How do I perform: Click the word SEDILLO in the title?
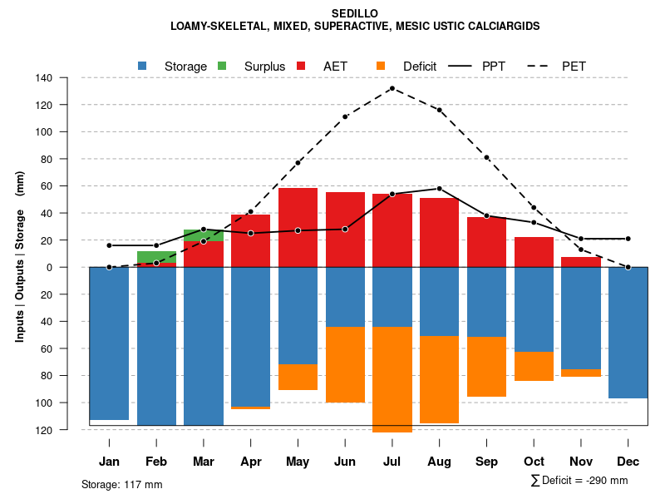tap(355, 14)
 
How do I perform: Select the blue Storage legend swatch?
tap(143, 66)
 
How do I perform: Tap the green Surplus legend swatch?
tap(222, 66)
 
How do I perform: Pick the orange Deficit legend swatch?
tap(381, 66)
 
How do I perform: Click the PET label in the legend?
tap(574, 66)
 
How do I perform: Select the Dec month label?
tap(628, 462)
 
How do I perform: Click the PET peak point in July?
tap(392, 88)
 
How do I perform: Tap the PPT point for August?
tap(439, 189)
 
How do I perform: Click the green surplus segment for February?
tap(156, 257)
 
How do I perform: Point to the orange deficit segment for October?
tap(534, 366)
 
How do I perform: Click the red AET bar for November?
tap(581, 262)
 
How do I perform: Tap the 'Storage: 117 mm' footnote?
tap(121, 484)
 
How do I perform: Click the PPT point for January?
tap(109, 245)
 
